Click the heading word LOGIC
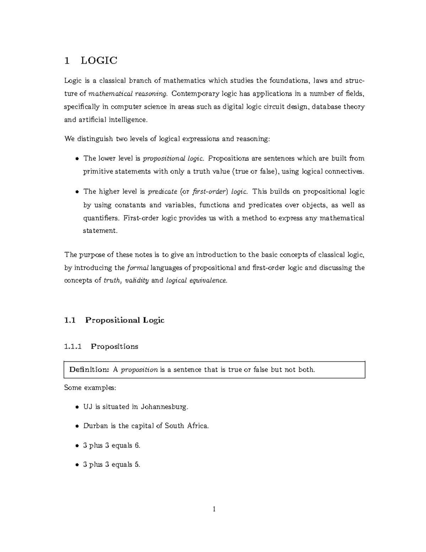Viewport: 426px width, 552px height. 99,60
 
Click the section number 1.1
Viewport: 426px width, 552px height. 70,320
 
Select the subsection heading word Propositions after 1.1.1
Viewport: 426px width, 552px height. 114,346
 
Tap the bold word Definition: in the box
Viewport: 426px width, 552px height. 89,370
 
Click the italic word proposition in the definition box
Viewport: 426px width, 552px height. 140,370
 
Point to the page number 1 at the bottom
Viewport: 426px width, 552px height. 214,509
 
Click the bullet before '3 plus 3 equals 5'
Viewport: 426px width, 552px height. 77,465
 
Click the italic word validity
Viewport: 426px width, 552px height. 137,280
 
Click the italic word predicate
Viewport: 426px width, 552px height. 162,192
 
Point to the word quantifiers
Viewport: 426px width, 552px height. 101,218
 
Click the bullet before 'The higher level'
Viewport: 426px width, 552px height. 77,192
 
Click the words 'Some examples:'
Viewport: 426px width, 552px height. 90,387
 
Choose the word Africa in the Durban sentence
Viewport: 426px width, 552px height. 197,426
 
